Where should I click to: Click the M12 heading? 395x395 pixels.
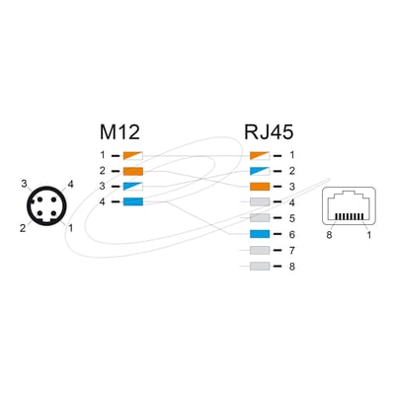(119, 132)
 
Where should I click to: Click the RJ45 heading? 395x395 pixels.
(269, 132)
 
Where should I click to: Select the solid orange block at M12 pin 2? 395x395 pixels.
(133, 171)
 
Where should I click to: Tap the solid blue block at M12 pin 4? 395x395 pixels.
(133, 201)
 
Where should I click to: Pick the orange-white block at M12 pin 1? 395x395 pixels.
(133, 156)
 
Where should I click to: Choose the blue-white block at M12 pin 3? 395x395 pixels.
(133, 187)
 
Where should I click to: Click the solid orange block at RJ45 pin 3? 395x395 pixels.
(260, 187)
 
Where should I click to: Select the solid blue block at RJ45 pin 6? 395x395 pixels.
(260, 234)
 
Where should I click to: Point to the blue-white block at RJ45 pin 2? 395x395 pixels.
(260, 171)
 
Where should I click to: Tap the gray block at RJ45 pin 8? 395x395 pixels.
(260, 266)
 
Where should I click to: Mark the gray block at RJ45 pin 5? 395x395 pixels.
(260, 218)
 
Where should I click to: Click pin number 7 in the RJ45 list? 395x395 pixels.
(291, 251)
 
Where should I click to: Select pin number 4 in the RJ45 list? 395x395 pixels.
(291, 202)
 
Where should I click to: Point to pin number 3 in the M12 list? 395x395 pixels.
(103, 187)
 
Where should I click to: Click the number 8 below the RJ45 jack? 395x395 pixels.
(329, 235)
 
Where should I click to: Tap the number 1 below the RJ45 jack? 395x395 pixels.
(369, 235)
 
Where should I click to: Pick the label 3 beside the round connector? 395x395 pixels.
(24, 184)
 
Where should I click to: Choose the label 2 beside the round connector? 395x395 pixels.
(23, 228)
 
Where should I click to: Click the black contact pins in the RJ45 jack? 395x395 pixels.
(350, 216)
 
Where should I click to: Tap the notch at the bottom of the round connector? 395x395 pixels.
(46, 222)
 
